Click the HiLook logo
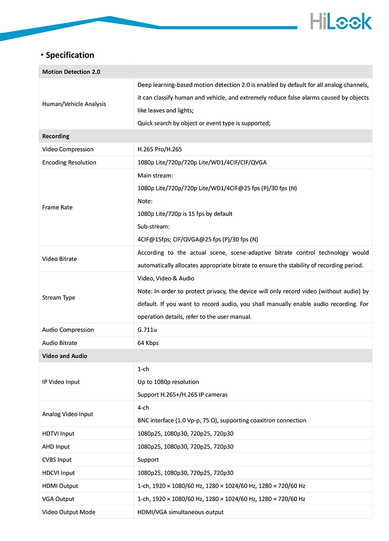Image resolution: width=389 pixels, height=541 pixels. click(341, 21)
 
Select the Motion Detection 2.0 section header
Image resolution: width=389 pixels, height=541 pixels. click(71, 72)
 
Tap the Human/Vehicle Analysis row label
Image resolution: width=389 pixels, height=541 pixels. click(74, 104)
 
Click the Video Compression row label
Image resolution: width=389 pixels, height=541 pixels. click(68, 149)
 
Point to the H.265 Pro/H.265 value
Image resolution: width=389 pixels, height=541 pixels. click(159, 149)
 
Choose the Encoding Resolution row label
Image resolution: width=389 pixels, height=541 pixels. click(69, 162)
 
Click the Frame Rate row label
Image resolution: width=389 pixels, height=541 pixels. click(57, 207)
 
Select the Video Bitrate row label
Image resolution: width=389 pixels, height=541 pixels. click(60, 259)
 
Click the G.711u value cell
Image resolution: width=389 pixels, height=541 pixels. click(147, 330)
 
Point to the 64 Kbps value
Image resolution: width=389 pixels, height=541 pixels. click(148, 343)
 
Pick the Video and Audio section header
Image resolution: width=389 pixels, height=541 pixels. click(64, 356)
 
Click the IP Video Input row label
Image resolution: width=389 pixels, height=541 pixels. click(61, 382)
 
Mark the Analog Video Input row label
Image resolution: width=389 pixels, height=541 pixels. click(67, 414)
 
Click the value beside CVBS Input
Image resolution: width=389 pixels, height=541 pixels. click(148, 460)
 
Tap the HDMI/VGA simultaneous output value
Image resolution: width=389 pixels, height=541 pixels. click(180, 512)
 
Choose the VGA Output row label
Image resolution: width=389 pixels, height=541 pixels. click(58, 499)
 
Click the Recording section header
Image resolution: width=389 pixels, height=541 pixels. click(56, 136)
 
